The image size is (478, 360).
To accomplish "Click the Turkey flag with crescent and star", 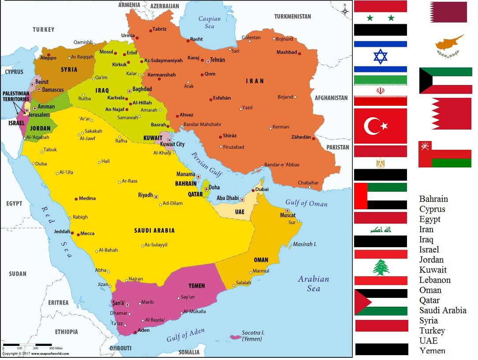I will pos(380,126).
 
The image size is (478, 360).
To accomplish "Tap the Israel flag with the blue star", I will pos(380,56).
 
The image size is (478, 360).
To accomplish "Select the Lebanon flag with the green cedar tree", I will pos(381,267).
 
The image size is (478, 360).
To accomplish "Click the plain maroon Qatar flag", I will pos(448,12).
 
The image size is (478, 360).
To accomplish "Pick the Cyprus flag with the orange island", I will pos(449,45).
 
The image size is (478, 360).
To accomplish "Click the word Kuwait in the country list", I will pos(433,270).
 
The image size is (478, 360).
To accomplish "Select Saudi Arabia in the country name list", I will pos(442,310).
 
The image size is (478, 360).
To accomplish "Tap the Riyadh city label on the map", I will pos(146,195).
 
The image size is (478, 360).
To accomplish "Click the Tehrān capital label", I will pos(217,60).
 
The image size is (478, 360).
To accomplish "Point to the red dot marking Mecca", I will pos(78,234).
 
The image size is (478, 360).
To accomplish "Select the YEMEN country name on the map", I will pos(196,286).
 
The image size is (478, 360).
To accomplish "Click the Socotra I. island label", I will pos(253,335).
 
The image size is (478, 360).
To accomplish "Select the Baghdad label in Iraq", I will pos(142,89).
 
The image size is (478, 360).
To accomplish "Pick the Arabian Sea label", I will pos(314,283).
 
